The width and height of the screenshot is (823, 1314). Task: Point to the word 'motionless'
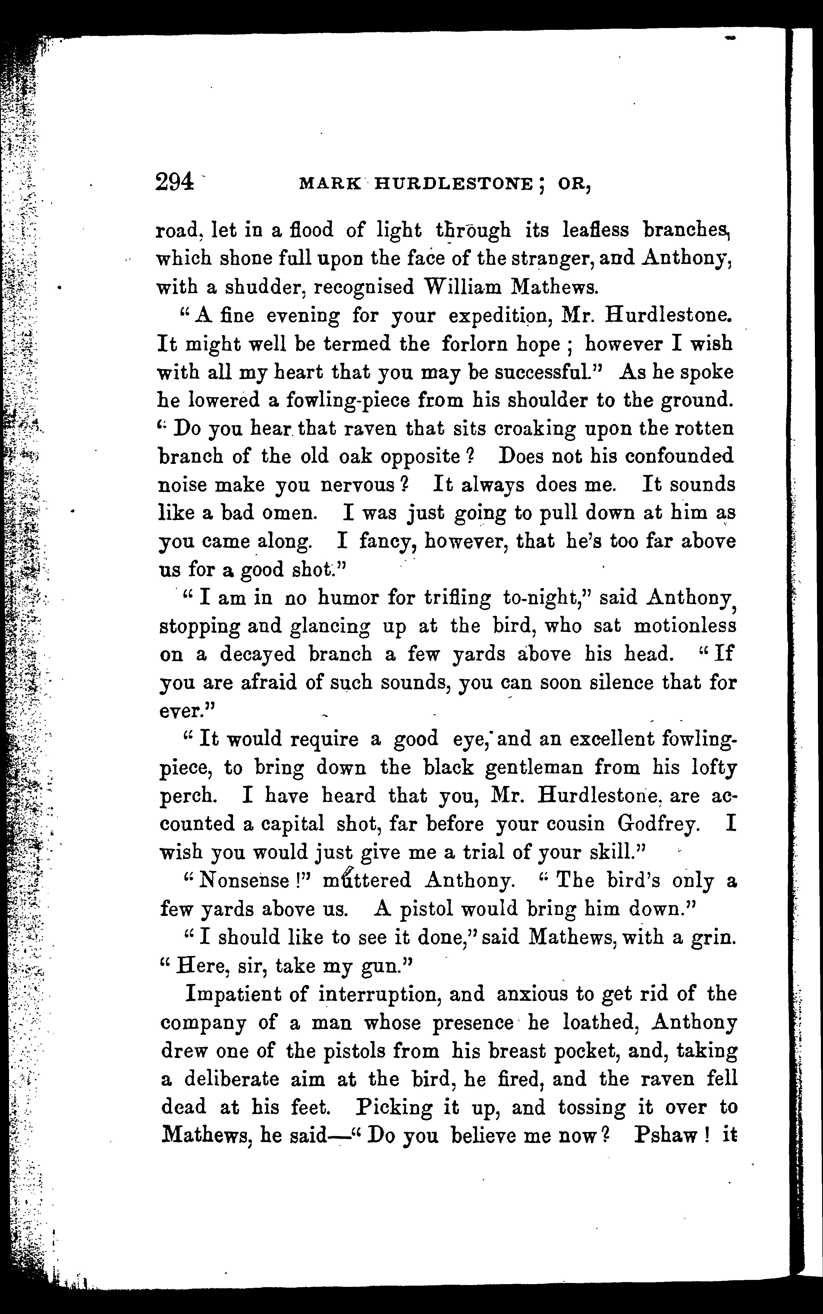pyautogui.click(x=685, y=626)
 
